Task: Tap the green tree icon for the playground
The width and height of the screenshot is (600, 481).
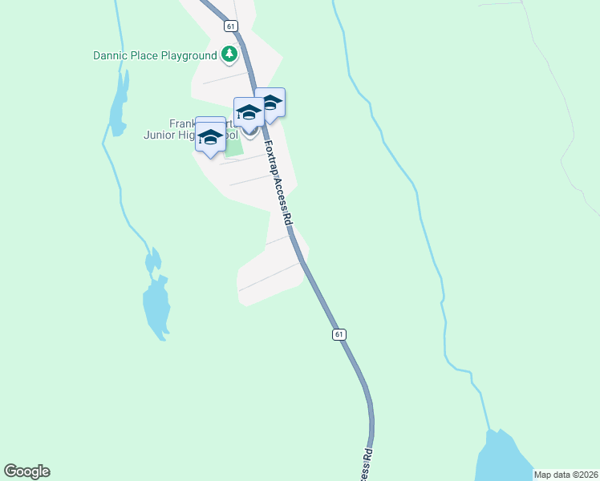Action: [x=230, y=55]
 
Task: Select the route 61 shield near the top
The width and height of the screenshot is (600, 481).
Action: [x=231, y=26]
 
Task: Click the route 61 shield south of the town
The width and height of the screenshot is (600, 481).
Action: [x=339, y=334]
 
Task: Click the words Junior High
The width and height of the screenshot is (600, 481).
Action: [x=180, y=135]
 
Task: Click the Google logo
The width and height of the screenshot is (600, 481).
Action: [x=26, y=471]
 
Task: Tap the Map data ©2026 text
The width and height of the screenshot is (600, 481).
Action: [x=565, y=475]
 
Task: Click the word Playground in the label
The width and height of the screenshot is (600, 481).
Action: [x=187, y=56]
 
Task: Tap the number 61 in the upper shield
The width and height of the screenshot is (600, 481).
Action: [x=231, y=26]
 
